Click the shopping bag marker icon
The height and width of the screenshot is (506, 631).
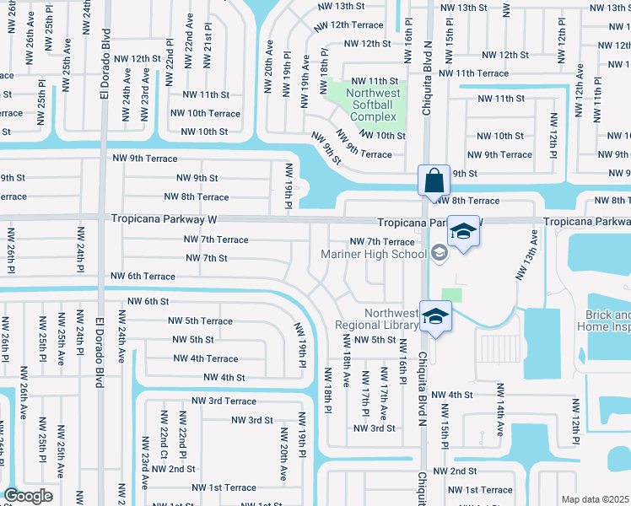(433, 180)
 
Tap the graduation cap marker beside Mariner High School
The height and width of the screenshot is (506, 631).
(462, 230)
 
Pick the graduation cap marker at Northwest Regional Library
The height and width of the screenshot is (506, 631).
(435, 317)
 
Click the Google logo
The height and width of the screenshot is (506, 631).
(28, 496)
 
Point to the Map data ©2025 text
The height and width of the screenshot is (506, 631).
(596, 499)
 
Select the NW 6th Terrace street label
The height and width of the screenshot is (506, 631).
(143, 277)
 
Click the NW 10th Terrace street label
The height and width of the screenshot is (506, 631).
(205, 114)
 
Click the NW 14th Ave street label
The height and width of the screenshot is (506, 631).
(500, 411)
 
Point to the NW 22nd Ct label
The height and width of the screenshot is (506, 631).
(163, 431)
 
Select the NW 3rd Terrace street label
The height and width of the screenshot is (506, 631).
(224, 401)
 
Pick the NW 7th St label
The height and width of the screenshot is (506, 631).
(206, 258)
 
